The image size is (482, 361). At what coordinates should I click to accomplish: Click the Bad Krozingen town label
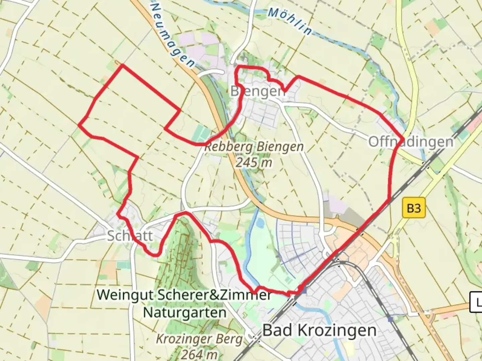319,330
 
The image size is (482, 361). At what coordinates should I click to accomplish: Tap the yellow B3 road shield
413,208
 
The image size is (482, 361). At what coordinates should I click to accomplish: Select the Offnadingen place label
411,141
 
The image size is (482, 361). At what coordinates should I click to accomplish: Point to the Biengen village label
258,91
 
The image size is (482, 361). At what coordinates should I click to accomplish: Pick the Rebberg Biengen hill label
254,146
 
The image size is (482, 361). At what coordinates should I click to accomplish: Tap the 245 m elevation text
253,162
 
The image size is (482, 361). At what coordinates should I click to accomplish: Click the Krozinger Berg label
199,339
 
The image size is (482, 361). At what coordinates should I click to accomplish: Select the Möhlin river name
290,21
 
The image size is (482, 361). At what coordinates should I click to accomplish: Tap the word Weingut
125,295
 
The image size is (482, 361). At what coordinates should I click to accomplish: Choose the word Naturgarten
185,313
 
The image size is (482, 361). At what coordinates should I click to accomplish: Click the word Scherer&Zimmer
214,295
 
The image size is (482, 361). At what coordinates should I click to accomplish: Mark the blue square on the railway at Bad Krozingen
304,291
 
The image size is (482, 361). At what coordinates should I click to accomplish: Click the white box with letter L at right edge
476,302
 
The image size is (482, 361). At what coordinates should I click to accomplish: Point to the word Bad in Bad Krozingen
278,330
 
